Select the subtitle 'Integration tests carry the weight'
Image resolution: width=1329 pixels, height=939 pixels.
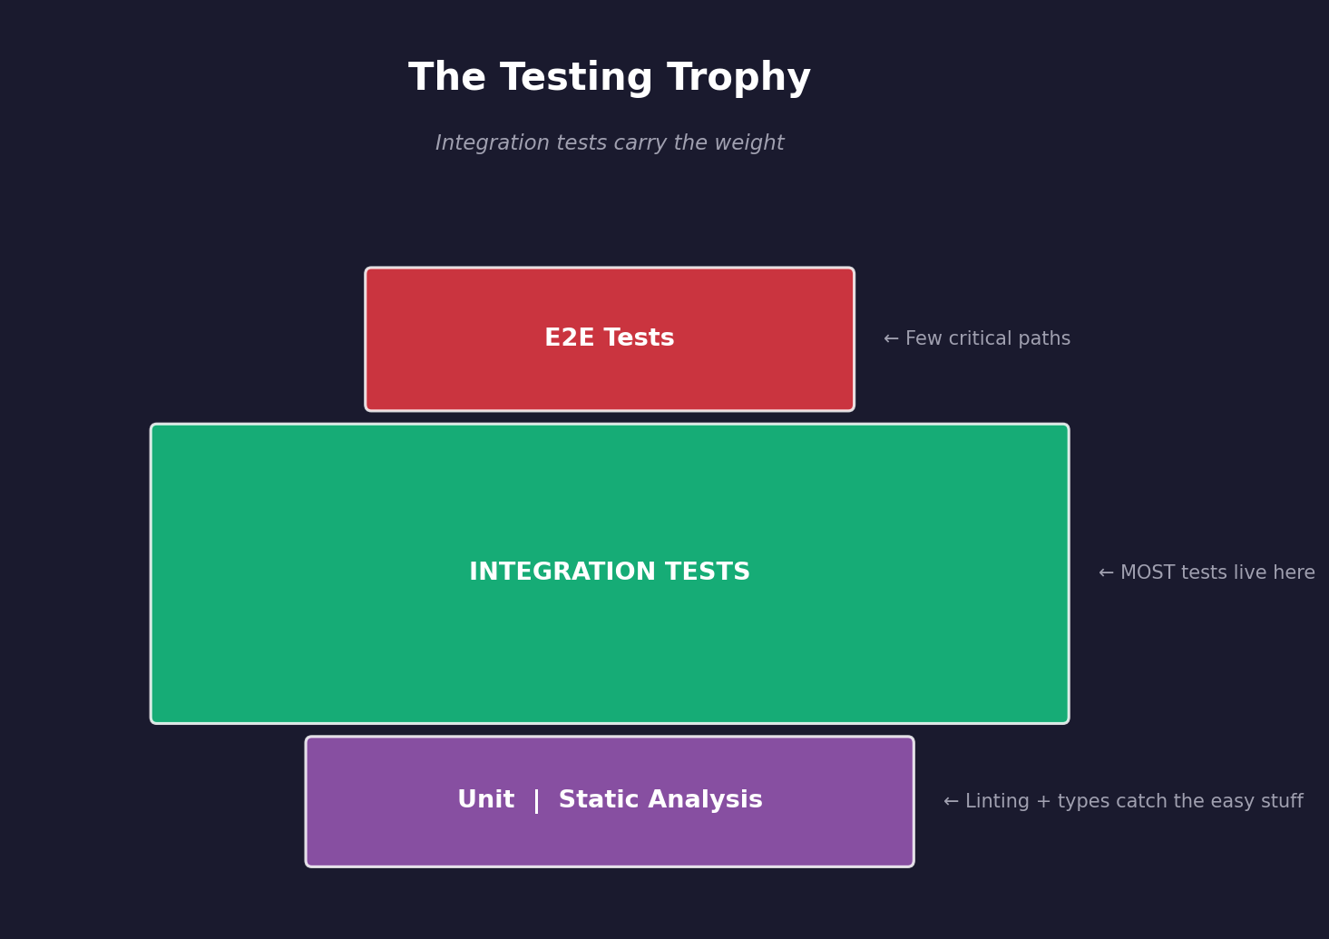pos(610,143)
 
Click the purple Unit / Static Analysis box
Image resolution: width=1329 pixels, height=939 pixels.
pos(610,839)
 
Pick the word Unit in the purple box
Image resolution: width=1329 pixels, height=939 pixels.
pos(485,800)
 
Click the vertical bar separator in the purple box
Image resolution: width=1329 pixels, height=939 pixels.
pos(536,801)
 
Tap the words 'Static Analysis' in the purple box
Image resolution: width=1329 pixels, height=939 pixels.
pos(660,800)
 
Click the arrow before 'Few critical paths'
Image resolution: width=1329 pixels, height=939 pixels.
pos(891,339)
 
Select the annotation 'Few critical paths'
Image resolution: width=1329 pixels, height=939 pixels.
pos(988,339)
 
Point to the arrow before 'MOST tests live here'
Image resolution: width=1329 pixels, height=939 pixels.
pos(1106,573)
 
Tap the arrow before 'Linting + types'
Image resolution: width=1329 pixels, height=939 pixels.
pos(951,802)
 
